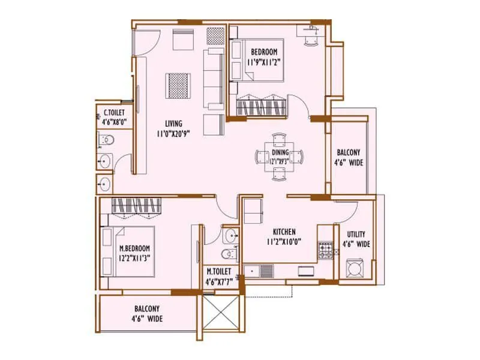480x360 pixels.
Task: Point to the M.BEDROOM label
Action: [134, 248]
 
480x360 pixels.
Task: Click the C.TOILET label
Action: [114, 112]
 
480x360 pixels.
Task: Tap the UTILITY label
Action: [356, 234]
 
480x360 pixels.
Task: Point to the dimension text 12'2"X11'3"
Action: [134, 258]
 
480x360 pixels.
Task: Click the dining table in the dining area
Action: [280, 157]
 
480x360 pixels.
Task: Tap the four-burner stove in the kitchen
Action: [325, 250]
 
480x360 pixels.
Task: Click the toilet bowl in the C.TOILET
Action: [106, 141]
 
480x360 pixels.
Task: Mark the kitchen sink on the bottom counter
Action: [265, 271]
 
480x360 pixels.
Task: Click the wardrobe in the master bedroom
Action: [136, 206]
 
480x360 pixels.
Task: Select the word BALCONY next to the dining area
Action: [349, 152]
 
